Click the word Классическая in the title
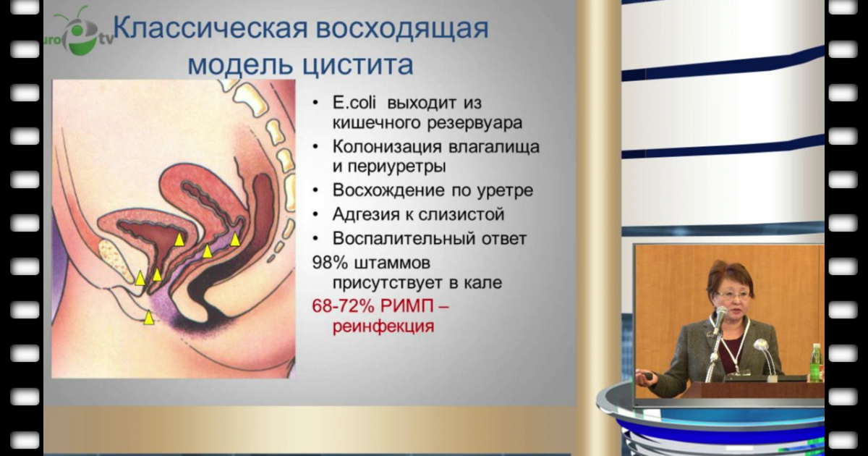tap(210, 28)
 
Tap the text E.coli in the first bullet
tap(354, 103)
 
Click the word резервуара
tap(475, 124)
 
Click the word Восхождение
tap(388, 190)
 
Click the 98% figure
tap(330, 263)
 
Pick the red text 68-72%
tap(344, 306)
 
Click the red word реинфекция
tap(383, 326)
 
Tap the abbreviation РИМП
tap(407, 306)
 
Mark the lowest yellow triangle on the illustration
tap(149, 318)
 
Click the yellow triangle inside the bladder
tap(179, 240)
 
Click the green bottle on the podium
tap(816, 363)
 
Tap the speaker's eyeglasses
tap(733, 296)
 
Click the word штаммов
tap(393, 263)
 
